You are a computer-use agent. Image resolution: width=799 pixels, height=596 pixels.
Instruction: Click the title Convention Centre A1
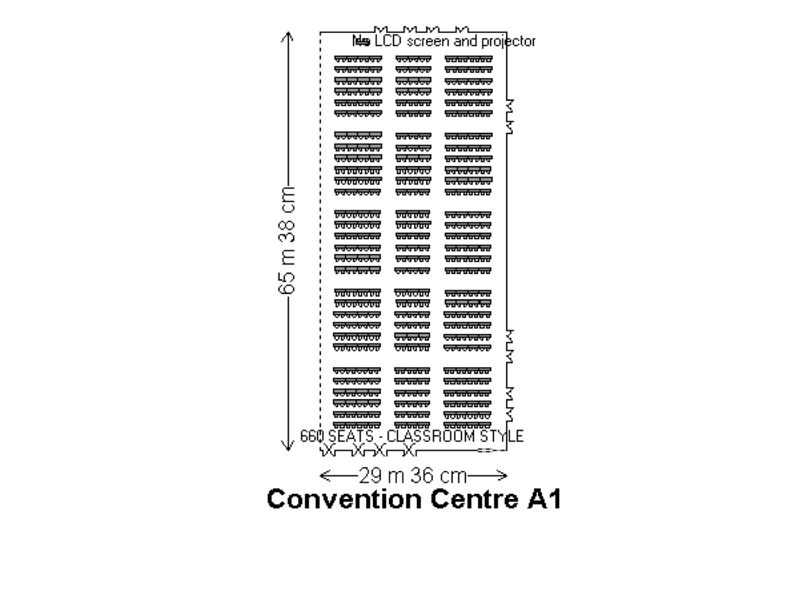[x=414, y=498]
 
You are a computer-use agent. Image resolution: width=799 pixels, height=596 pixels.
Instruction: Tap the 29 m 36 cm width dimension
[x=413, y=476]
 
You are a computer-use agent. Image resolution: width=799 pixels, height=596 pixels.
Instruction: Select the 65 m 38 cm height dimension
[x=287, y=240]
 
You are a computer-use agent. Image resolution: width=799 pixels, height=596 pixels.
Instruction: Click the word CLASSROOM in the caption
[x=430, y=436]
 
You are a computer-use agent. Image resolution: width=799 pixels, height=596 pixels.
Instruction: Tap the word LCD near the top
[x=388, y=41]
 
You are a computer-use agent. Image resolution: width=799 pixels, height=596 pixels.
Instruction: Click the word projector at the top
[x=508, y=42]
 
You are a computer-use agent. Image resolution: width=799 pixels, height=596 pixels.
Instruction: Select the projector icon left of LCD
[x=361, y=41]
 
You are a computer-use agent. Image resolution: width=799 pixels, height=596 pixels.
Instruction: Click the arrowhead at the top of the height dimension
[x=288, y=33]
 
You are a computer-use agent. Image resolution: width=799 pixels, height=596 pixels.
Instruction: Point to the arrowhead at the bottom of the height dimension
[x=288, y=451]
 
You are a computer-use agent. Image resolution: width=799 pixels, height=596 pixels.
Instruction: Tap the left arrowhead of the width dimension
[x=320, y=476]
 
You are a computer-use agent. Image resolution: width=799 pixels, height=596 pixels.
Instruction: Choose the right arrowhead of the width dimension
[x=507, y=476]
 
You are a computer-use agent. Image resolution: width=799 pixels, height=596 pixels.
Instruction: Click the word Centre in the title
[x=474, y=499]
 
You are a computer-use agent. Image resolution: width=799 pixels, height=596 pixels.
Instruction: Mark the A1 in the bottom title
[x=544, y=499]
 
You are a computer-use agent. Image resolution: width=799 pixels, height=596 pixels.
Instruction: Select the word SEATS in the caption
[x=351, y=436]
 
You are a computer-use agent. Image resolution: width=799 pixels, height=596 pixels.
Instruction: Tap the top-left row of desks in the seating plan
[x=358, y=59]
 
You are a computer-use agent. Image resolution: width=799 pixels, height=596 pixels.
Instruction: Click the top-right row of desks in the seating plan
[x=468, y=59]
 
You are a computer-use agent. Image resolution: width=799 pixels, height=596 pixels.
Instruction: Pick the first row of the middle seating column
[x=413, y=59]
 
